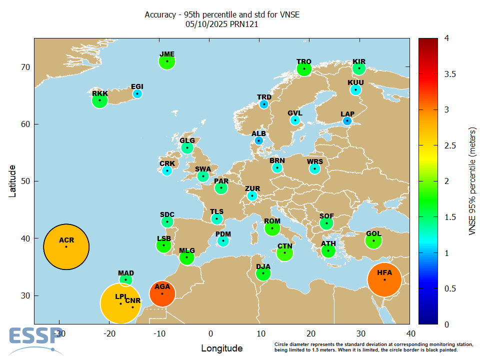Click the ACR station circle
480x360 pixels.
tap(66, 246)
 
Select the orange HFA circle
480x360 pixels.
tap(384, 279)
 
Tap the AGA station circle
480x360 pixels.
tap(162, 293)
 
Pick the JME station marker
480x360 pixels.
tap(167, 61)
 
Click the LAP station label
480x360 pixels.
tap(347, 114)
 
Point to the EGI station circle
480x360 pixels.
tap(137, 93)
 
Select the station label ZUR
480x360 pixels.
tap(252, 188)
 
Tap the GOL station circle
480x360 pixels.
tap(373, 240)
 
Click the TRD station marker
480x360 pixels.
tap(264, 104)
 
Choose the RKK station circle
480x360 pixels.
tap(100, 100)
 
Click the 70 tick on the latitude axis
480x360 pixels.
tap(24, 67)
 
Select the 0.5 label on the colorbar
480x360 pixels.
tap(450, 288)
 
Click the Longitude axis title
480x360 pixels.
tap(222, 348)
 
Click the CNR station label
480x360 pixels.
tap(132, 300)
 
